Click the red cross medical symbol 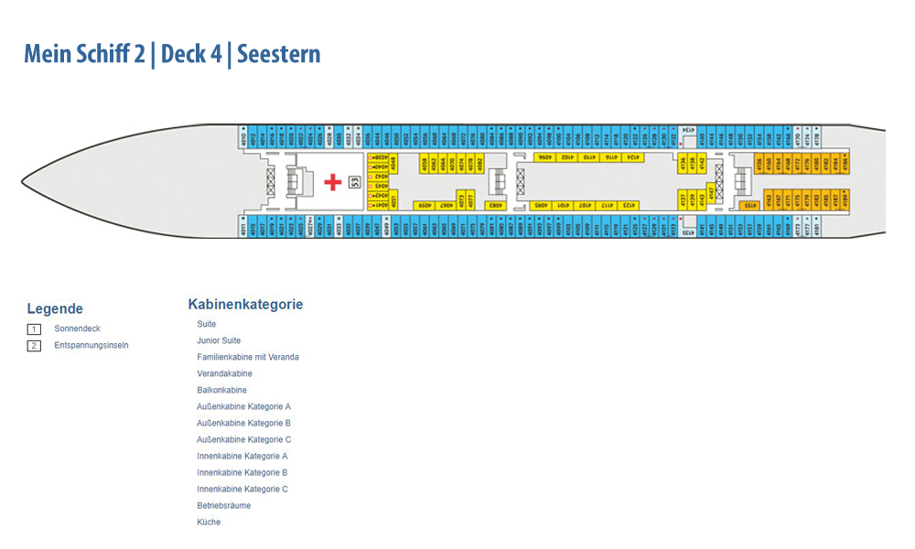coord(332,181)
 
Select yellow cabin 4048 coord(393,163)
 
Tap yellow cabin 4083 coord(494,206)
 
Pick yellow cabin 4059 coord(424,206)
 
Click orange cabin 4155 coord(748,206)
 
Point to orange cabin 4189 coord(845,198)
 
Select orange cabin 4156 coord(759,164)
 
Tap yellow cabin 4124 coord(630,157)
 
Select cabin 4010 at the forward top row coord(242,138)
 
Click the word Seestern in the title coord(279,54)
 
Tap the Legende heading coord(55,309)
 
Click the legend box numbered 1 coord(34,329)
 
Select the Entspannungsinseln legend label coord(91,346)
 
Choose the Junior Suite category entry coord(219,340)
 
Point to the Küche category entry coord(209,522)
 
